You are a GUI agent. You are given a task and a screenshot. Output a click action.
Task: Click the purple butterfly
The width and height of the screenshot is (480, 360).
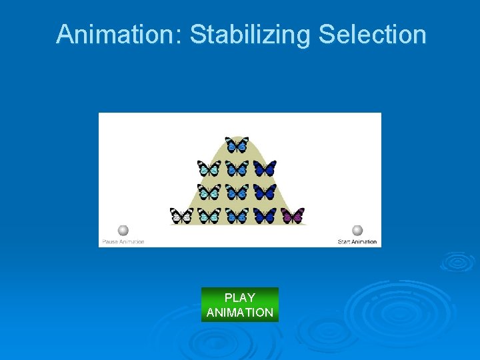293,215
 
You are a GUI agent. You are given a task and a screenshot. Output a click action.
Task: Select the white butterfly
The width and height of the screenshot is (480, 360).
181,215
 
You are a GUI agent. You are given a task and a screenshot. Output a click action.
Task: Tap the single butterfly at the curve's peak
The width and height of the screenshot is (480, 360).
237,145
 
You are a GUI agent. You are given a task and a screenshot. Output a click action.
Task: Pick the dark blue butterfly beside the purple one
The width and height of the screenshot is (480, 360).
265,215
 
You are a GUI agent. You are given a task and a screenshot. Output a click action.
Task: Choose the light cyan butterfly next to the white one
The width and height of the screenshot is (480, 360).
209,215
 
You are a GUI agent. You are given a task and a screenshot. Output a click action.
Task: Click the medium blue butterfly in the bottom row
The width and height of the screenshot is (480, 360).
237,215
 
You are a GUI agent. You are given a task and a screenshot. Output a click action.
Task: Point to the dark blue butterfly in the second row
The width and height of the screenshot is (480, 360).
265,168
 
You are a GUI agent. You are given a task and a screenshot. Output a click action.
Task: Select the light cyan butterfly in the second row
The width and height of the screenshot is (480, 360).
209,168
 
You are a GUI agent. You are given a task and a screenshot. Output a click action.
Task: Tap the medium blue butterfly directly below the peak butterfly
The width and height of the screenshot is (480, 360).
237,168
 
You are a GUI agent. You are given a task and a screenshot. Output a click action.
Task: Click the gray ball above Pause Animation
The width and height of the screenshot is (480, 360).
123,231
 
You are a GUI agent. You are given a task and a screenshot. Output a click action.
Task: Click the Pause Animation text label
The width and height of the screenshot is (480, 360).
123,241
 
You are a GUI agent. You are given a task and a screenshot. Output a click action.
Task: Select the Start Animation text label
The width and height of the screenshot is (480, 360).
357,241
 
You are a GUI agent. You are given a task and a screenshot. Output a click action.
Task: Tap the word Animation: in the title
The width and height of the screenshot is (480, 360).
119,35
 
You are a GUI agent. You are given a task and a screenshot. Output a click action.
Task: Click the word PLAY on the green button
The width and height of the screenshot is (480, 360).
240,298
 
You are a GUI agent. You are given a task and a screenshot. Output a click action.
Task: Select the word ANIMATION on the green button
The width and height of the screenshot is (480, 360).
240,313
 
